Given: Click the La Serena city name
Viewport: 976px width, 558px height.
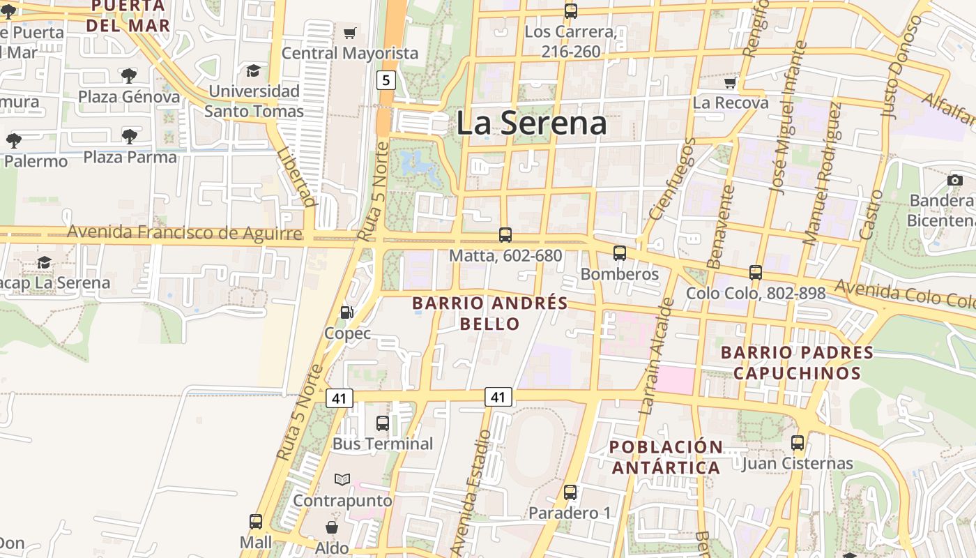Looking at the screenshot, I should tap(531, 123).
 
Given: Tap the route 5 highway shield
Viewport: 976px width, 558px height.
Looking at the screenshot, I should tap(386, 80).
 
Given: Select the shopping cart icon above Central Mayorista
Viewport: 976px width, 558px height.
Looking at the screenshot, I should tap(350, 33).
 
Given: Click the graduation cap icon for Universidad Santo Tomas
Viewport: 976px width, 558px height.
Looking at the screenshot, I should tap(253, 71).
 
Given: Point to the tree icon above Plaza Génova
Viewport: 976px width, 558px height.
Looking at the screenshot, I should tap(128, 76).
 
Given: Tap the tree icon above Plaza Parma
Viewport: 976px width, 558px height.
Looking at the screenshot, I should tap(129, 137).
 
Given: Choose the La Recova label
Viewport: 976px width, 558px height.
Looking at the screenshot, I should tap(731, 103).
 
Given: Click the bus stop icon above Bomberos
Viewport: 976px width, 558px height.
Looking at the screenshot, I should tap(619, 253).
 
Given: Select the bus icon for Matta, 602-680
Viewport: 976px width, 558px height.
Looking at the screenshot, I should tap(505, 235).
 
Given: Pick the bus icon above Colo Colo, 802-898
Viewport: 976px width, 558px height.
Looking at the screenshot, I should tap(756, 273).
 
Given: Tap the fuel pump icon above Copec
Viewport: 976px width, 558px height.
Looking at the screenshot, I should tap(346, 313).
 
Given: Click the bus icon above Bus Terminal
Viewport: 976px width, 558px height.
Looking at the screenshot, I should tap(382, 423).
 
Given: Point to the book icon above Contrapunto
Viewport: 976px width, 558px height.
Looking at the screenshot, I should tap(342, 480).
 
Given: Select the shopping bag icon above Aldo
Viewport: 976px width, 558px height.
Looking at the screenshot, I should tap(332, 527).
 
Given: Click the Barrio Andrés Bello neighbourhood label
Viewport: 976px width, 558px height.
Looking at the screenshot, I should tap(490, 313).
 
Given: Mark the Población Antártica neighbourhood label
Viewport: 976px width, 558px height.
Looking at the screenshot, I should tap(666, 457).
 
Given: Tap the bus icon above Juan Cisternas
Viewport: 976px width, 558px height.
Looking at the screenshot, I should tap(798, 443).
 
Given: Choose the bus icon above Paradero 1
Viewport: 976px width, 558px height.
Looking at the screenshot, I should tap(570, 492).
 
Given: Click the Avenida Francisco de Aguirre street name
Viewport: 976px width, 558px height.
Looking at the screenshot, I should tap(185, 232).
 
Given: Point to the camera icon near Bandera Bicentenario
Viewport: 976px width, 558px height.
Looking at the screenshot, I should tap(955, 181).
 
